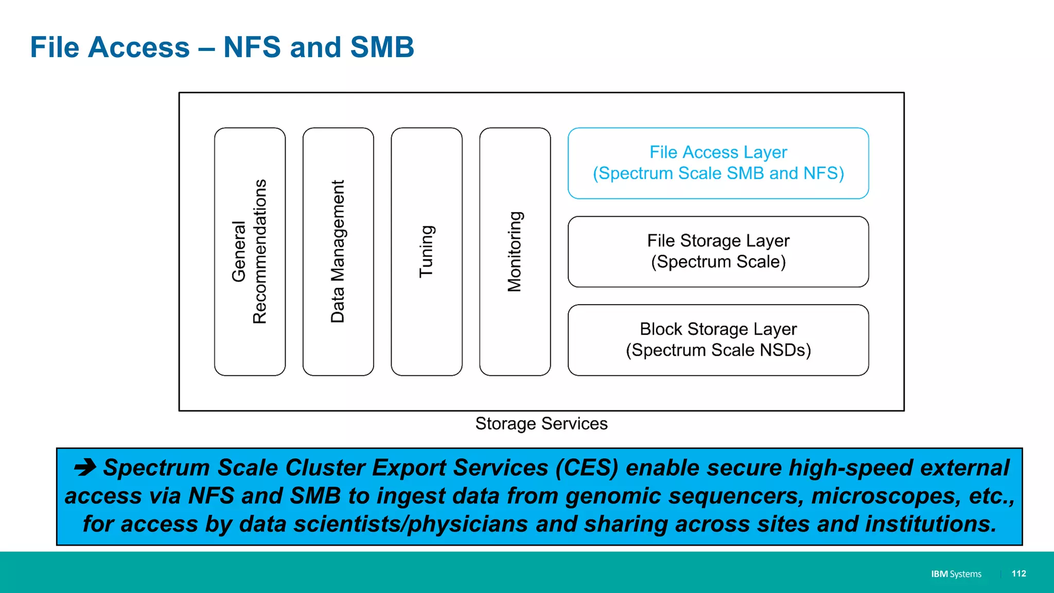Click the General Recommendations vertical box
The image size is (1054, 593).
[x=250, y=251]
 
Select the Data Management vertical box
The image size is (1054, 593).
[x=338, y=251]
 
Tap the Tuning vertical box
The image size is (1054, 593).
[x=427, y=251]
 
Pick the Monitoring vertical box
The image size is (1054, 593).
[x=515, y=251]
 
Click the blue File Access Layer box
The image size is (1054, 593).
[x=718, y=163]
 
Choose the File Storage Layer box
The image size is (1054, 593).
[x=718, y=251]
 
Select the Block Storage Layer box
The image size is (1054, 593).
[x=718, y=340]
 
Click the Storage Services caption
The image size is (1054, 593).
[x=541, y=424]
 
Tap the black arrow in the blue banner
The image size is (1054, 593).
[x=85, y=467]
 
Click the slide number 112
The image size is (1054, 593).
[x=1018, y=573]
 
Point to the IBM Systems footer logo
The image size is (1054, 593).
[x=956, y=574]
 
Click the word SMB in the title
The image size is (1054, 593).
[x=382, y=47]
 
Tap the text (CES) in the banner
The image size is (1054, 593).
[x=587, y=468]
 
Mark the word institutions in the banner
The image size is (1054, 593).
[x=930, y=524]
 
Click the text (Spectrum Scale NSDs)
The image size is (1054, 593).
[x=718, y=350]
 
